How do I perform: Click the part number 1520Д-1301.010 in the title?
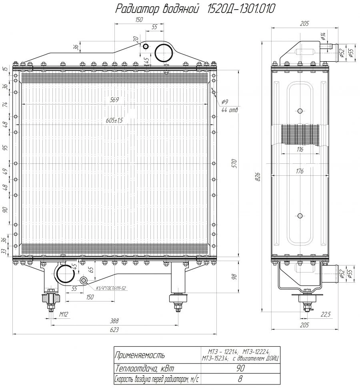tap(240, 9)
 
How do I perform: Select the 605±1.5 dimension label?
tap(114, 120)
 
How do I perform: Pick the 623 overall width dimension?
tap(114, 330)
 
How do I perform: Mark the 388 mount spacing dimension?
tap(114, 321)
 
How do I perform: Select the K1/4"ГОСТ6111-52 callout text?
tap(111, 288)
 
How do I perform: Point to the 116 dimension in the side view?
tap(300, 149)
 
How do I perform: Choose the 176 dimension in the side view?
tap(300, 171)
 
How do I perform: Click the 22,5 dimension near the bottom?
tap(326, 314)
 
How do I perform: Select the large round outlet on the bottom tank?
tap(65, 273)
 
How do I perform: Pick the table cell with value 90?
tap(240, 368)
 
